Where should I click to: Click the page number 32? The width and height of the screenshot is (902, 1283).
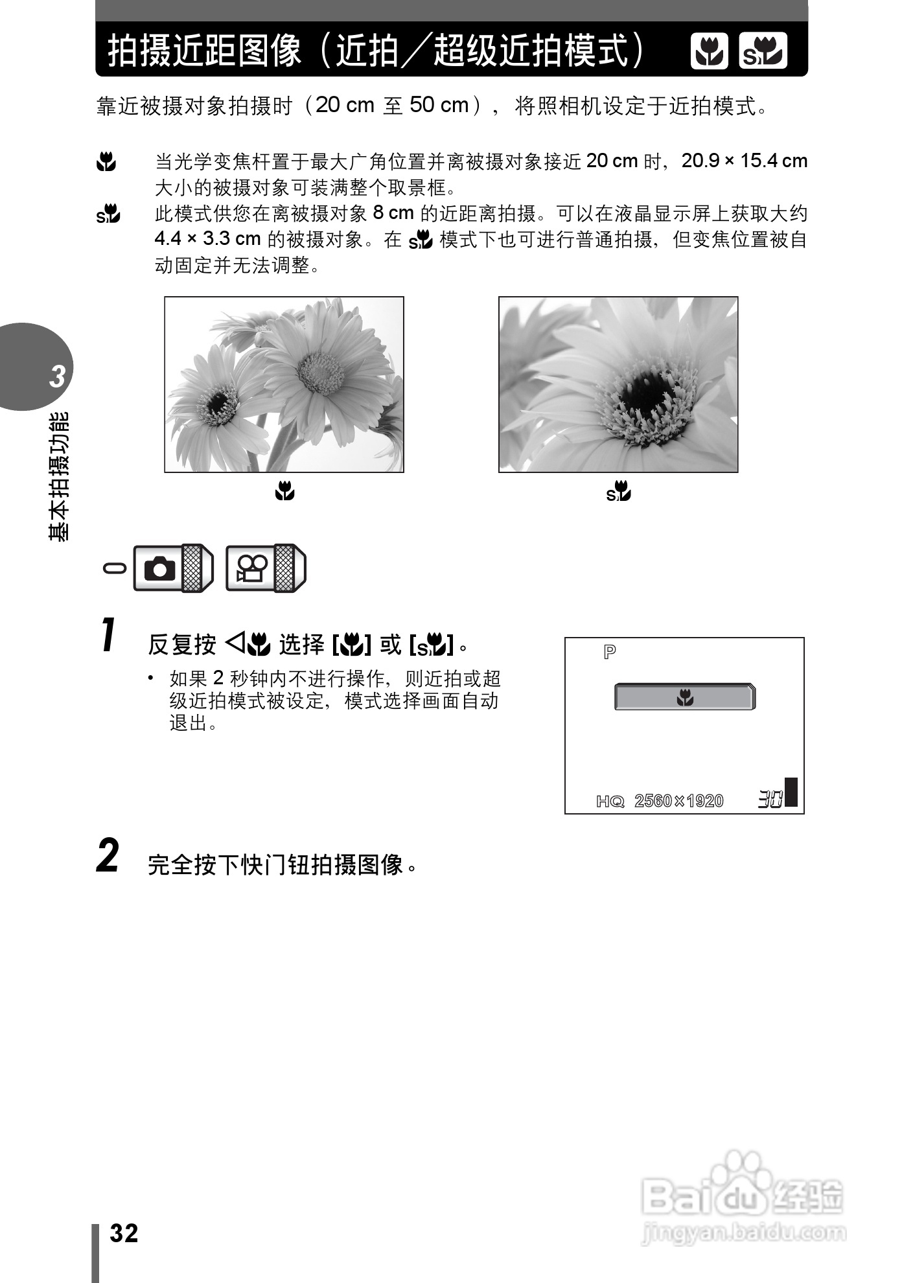point(124,1233)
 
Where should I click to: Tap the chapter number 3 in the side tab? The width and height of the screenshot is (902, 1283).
point(58,376)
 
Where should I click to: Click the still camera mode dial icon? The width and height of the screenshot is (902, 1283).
point(160,568)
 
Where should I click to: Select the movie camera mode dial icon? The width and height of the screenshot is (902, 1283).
point(252,568)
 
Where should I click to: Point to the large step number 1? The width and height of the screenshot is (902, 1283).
point(109,636)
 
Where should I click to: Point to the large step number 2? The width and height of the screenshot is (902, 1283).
point(108,856)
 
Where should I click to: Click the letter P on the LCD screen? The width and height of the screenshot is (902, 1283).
point(609,652)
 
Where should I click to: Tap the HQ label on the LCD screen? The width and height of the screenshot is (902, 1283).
point(610,802)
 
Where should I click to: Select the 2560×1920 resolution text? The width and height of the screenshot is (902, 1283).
point(678,802)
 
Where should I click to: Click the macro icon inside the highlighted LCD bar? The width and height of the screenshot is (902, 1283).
point(685,698)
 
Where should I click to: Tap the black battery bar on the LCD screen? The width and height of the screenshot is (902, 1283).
point(791,791)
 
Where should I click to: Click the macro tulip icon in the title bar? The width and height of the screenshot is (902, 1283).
point(710,51)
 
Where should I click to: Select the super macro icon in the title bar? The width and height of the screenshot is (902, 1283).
point(763,51)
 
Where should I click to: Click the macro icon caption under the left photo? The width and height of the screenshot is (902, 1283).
point(284,492)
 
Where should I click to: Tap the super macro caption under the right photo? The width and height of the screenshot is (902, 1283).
point(619,492)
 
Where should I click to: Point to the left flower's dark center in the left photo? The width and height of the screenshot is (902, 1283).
point(218,402)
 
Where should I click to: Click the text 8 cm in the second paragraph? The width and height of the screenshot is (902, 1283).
point(393,213)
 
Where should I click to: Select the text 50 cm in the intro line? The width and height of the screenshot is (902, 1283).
point(439,105)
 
